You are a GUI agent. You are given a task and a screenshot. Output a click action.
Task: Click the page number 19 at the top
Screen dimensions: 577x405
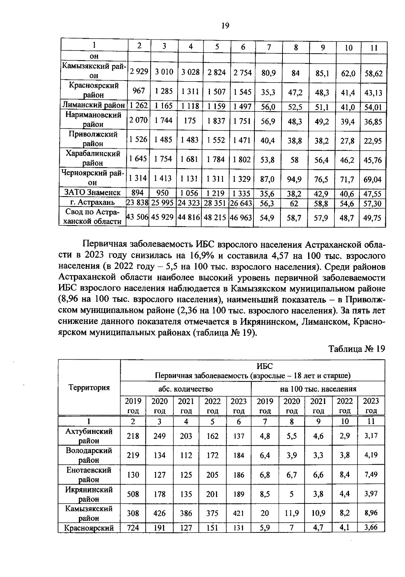(x=225, y=26)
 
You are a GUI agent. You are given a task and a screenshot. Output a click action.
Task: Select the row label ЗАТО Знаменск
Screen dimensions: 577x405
(x=92, y=192)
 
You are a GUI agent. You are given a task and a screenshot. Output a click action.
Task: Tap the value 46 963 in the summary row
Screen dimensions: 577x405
(x=241, y=218)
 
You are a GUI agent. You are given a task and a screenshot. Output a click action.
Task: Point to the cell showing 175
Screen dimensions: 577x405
(x=190, y=120)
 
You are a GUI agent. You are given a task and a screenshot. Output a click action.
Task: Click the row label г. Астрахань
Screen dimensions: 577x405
(x=92, y=202)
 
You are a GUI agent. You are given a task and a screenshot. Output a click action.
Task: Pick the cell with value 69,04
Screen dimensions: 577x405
(x=373, y=179)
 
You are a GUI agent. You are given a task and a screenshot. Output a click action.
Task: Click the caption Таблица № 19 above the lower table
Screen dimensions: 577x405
(x=357, y=348)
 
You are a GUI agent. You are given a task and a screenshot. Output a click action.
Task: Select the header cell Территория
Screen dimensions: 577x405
(x=89, y=388)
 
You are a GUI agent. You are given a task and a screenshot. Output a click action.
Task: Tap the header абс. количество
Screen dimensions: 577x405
(x=186, y=389)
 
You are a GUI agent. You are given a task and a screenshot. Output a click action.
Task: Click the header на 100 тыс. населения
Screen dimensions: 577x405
(x=318, y=389)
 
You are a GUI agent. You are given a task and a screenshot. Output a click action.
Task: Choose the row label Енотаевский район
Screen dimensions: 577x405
(x=89, y=475)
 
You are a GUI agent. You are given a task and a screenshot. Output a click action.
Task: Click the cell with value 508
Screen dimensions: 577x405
(x=133, y=494)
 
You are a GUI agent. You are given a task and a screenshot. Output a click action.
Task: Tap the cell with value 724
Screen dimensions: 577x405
(x=133, y=528)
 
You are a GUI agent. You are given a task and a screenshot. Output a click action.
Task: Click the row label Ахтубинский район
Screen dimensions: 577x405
(x=89, y=436)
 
